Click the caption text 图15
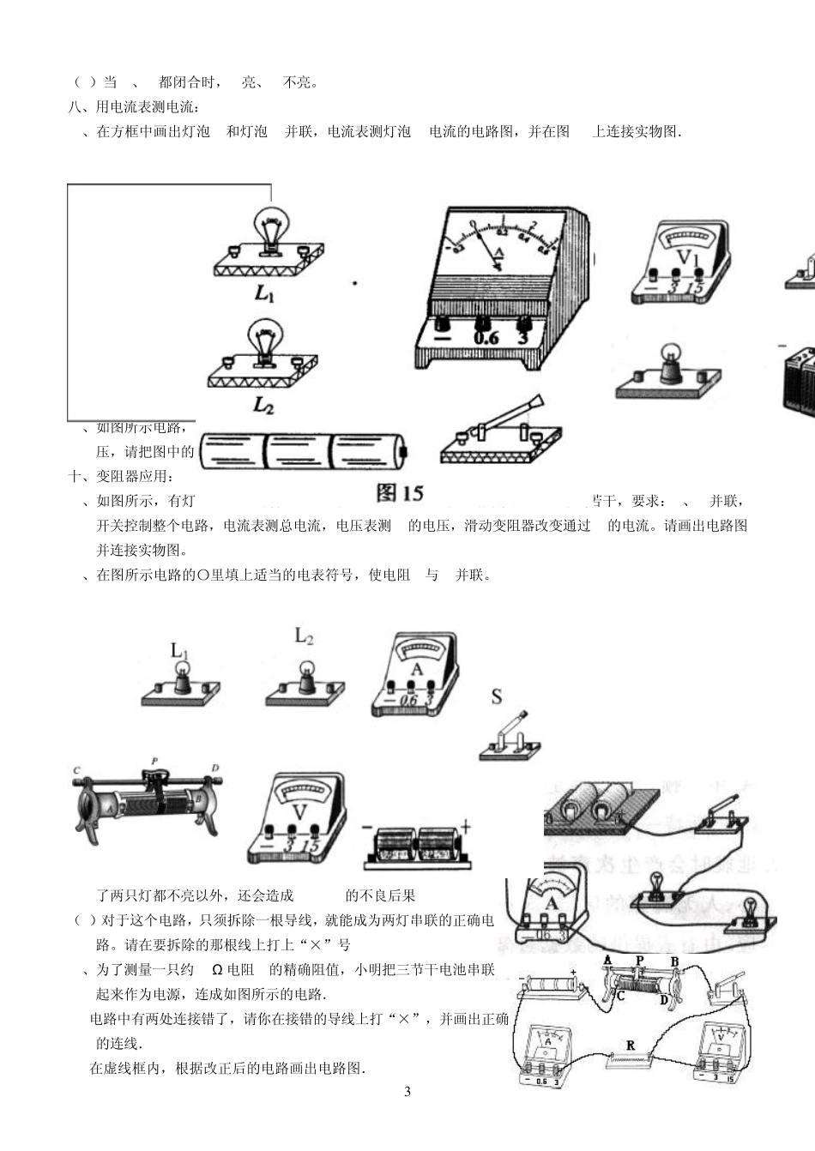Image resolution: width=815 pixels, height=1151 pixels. pyautogui.click(x=400, y=493)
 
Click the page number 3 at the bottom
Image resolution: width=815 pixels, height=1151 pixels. pyautogui.click(x=407, y=1091)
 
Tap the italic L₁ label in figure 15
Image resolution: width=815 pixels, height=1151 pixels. pyautogui.click(x=264, y=292)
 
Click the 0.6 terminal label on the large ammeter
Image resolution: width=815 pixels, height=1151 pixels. pyautogui.click(x=486, y=338)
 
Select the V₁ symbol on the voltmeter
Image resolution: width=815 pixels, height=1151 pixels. pyautogui.click(x=689, y=258)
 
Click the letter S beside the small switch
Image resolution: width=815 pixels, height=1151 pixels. pyautogui.click(x=497, y=696)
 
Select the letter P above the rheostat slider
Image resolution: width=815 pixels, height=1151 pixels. pyautogui.click(x=154, y=761)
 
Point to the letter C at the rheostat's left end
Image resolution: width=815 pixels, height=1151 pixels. pyautogui.click(x=76, y=770)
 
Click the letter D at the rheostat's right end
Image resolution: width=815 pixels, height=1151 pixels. pyautogui.click(x=215, y=768)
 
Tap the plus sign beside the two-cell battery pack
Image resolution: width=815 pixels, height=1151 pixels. pyautogui.click(x=466, y=826)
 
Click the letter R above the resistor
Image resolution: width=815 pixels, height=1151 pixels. pyautogui.click(x=631, y=1046)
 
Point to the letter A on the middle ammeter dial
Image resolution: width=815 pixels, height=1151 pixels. pyautogui.click(x=417, y=669)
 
